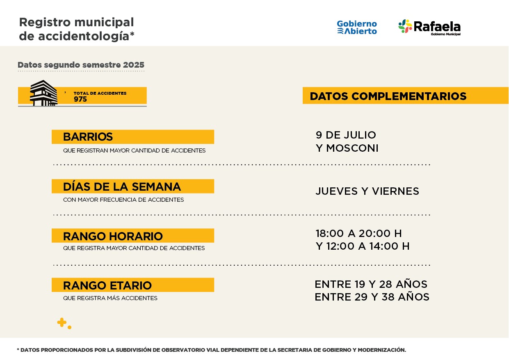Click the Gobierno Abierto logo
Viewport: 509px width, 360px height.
tap(357, 27)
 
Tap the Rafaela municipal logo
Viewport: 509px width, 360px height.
tap(429, 27)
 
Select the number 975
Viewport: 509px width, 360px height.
tap(80, 99)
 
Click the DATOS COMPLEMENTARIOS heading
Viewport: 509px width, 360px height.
tap(388, 96)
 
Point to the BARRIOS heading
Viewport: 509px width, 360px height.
tap(88, 137)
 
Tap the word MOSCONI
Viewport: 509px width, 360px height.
tap(352, 148)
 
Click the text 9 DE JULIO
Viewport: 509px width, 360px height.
tap(346, 135)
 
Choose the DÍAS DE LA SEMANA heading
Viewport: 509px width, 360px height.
tap(122, 187)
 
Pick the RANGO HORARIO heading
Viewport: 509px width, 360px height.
tap(113, 236)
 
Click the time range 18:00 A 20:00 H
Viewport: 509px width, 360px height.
tap(358, 233)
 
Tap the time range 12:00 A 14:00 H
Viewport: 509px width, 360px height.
tap(368, 246)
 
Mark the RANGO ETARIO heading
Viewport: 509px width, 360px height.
tap(107, 285)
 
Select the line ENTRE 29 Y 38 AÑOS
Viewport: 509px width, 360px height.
tap(372, 297)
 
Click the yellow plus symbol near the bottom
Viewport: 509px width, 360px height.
tap(62, 323)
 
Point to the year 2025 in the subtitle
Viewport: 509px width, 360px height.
tap(133, 65)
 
